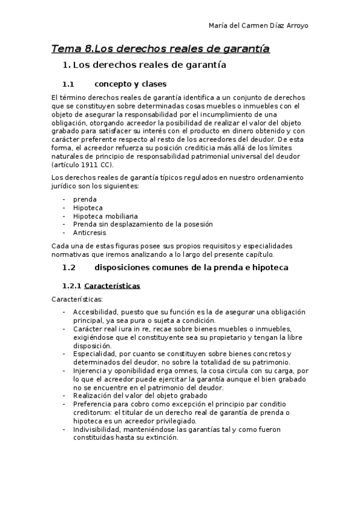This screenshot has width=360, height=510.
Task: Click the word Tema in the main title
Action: tap(65, 48)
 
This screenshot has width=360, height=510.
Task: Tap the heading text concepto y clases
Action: tap(130, 84)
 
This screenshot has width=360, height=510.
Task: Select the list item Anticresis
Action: tap(90, 233)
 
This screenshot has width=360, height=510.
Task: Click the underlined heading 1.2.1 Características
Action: tap(102, 286)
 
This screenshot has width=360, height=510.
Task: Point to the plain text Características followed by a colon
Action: tap(77, 299)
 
